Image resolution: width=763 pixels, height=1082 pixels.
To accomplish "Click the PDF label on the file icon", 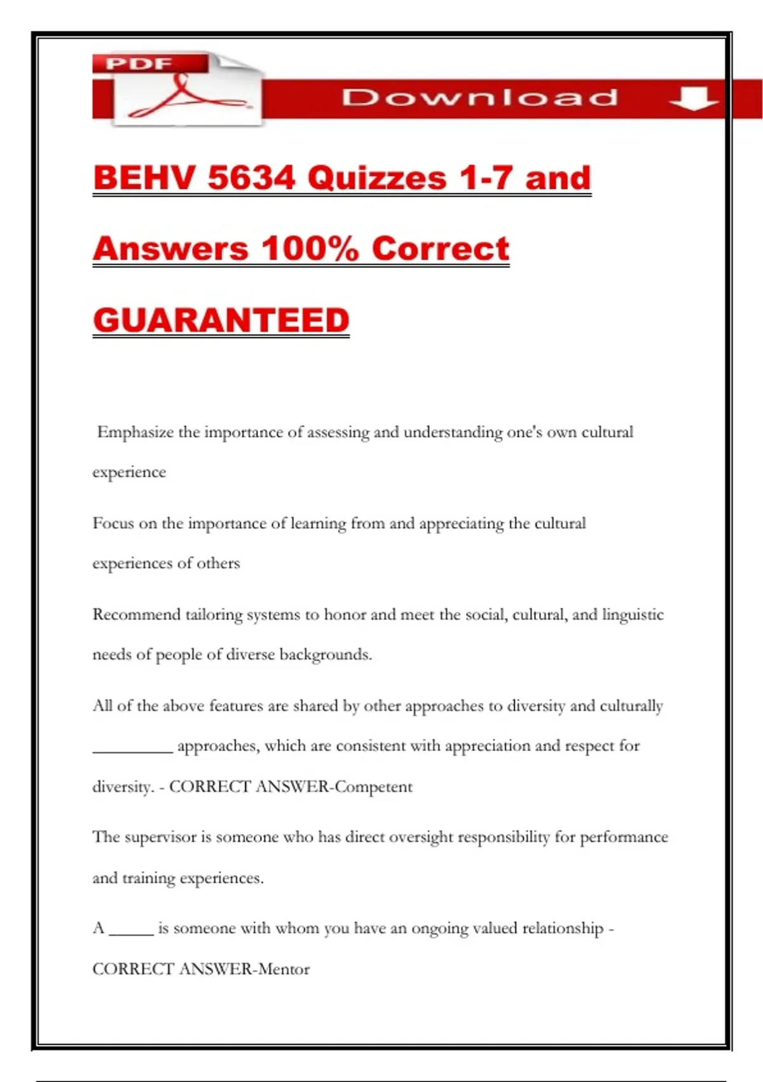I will click(139, 64).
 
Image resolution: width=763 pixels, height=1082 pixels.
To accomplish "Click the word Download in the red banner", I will click(480, 97).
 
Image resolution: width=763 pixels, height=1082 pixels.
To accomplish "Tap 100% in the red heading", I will click(310, 248).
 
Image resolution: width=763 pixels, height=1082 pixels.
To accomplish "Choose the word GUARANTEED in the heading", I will click(221, 320).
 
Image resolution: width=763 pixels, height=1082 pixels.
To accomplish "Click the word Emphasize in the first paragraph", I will click(135, 432).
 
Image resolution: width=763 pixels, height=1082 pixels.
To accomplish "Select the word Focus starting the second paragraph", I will click(113, 523).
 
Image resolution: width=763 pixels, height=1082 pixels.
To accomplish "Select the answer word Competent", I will click(374, 787).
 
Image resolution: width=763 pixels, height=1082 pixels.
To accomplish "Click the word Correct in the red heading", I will click(441, 248).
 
